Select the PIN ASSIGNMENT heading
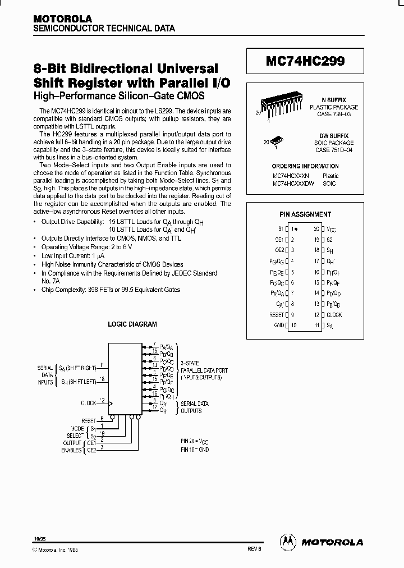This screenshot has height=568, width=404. coord(305,214)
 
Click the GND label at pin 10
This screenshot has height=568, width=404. coord(279,326)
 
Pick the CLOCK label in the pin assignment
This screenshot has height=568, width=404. coord(334,315)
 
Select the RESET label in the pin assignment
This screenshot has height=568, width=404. coord(277,315)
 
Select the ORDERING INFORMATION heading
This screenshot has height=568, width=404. coord(305,166)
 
